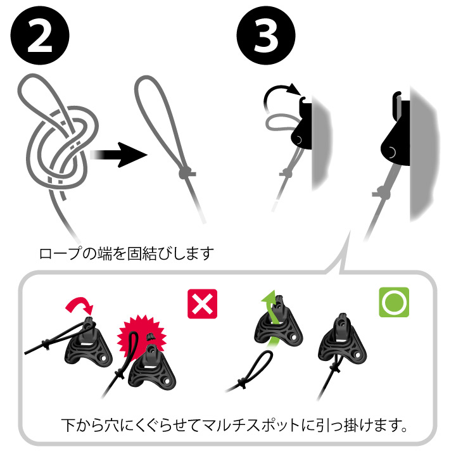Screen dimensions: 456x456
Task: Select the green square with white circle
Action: coord(394,303)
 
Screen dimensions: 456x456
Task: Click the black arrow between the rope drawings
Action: coord(118,154)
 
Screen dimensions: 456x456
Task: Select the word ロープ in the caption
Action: coord(61,255)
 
